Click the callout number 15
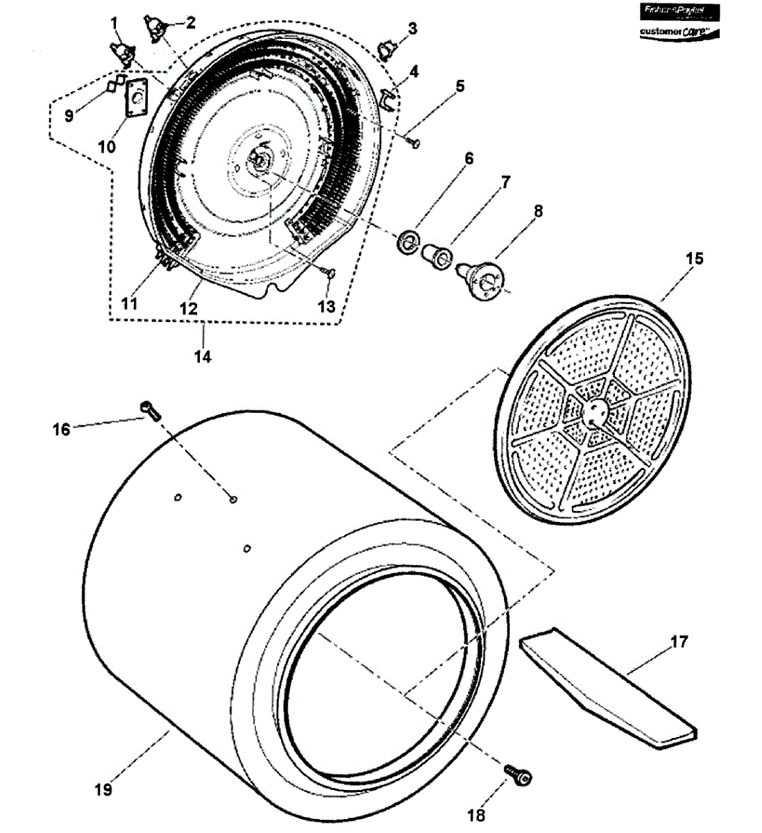coord(695,259)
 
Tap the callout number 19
coord(103,789)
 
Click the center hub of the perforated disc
coord(594,412)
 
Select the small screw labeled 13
coord(329,274)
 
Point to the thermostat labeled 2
coord(155,28)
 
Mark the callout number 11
coord(128,303)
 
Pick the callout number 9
coord(69,115)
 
